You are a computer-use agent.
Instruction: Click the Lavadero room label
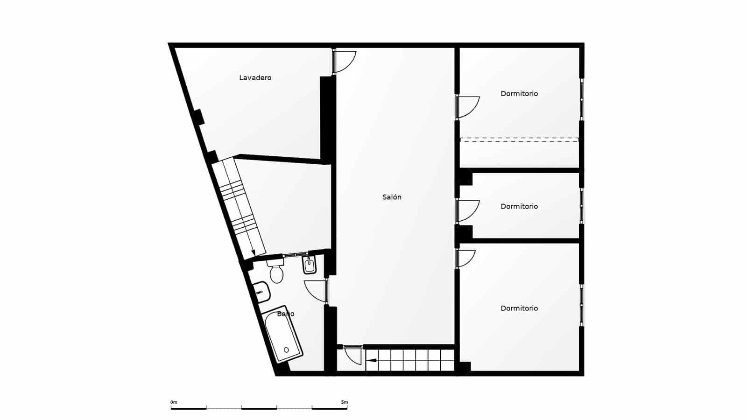(x=255, y=78)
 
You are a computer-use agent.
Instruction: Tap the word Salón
(x=392, y=197)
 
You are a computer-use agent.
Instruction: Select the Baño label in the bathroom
(x=285, y=314)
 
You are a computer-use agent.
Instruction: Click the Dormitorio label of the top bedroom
(x=519, y=94)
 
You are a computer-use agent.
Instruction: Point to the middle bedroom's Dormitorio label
(x=519, y=206)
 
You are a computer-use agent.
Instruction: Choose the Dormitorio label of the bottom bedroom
(x=519, y=308)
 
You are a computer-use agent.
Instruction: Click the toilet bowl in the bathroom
(x=276, y=274)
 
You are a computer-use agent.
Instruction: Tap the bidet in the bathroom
(x=310, y=266)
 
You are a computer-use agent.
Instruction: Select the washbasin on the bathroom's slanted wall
(x=261, y=292)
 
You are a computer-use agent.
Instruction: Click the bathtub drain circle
(x=286, y=350)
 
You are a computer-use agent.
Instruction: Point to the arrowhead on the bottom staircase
(x=370, y=360)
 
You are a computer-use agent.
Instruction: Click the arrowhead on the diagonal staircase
(x=254, y=252)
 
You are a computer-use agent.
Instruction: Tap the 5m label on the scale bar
(x=345, y=402)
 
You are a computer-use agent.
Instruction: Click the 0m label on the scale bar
(x=174, y=402)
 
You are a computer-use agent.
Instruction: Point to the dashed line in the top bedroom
(x=519, y=139)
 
